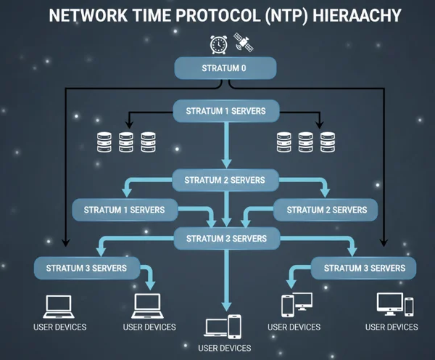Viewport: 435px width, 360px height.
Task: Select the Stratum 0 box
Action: click(x=226, y=69)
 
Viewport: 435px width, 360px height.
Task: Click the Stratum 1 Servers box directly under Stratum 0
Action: click(x=225, y=111)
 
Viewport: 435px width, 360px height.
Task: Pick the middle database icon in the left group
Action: click(x=126, y=141)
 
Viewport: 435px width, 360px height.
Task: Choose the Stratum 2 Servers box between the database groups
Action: click(x=225, y=179)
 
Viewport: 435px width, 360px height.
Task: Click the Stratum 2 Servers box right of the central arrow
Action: click(x=326, y=210)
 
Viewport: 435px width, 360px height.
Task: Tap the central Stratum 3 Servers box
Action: click(x=226, y=237)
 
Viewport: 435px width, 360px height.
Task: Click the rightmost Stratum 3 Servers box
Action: click(x=364, y=268)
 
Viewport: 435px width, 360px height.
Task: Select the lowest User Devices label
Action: click(x=225, y=348)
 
